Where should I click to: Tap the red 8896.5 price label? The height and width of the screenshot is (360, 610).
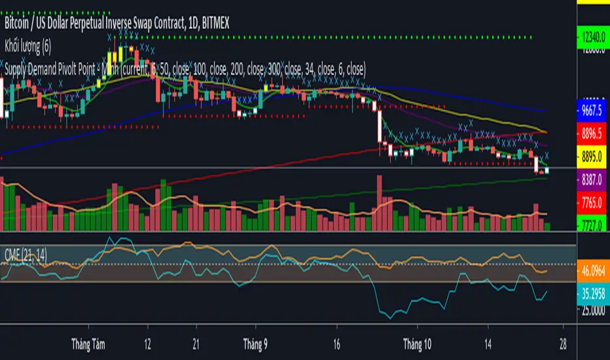coord(593,132)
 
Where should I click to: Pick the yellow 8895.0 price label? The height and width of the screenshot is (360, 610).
coord(593,157)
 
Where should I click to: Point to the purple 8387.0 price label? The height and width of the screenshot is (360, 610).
coord(593,177)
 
